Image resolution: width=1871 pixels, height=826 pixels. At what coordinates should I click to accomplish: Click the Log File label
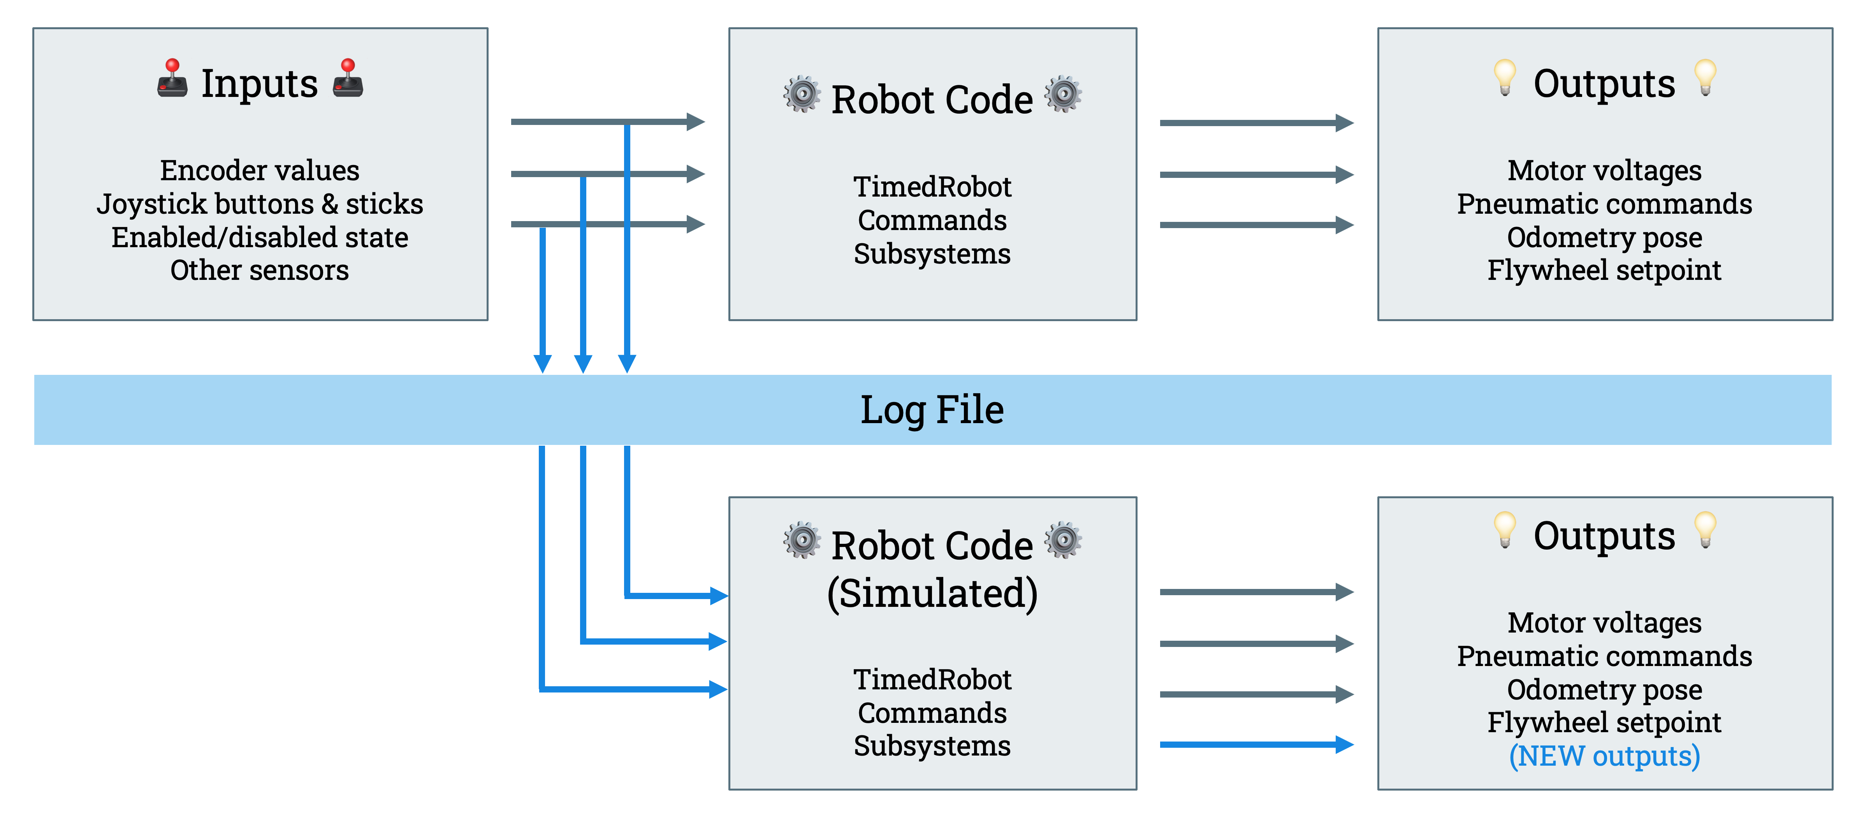(x=932, y=410)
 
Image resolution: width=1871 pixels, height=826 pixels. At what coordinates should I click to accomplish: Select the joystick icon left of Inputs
(x=172, y=79)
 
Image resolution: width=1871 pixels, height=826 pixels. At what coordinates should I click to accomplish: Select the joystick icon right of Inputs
(x=348, y=79)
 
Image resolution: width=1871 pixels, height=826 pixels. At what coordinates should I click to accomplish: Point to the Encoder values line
(x=259, y=171)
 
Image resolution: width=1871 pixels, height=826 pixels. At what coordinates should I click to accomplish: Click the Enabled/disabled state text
(x=259, y=237)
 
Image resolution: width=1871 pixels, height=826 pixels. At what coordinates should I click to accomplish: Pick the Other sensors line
(x=259, y=270)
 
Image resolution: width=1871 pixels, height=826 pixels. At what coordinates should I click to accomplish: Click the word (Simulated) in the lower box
(x=932, y=594)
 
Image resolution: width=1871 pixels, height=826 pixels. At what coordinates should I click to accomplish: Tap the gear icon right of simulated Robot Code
(x=1062, y=540)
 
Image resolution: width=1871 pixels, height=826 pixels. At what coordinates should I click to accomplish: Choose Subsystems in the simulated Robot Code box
(x=932, y=746)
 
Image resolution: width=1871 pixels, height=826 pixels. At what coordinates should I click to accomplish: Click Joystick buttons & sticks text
(x=259, y=204)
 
